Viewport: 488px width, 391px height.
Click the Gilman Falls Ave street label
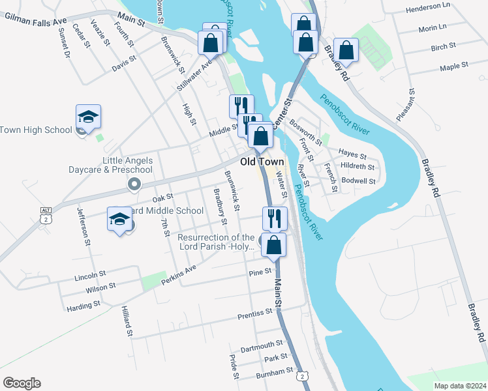35,21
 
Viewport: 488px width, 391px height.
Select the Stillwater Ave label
194,75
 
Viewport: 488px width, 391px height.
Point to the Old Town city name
262,162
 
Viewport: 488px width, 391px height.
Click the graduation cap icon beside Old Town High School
88,117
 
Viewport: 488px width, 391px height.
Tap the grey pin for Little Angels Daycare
134,184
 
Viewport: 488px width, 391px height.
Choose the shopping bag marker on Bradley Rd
346,51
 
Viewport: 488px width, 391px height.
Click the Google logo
22,383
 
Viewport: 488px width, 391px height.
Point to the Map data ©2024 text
459,385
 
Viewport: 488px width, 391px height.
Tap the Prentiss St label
255,313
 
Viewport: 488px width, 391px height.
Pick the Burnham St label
275,371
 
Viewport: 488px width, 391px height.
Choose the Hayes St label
353,154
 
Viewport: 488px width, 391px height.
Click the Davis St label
123,63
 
